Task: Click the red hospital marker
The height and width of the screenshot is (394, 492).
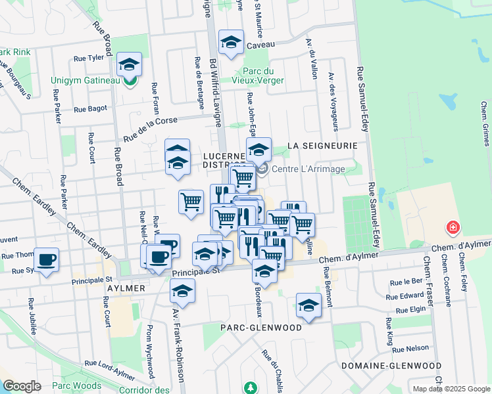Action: (453, 229)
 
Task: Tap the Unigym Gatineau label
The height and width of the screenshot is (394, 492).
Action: (86, 81)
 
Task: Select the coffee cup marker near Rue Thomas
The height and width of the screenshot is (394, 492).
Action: (46, 259)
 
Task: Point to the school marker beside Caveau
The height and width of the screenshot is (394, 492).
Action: (231, 43)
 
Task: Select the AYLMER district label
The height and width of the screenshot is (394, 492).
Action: (124, 288)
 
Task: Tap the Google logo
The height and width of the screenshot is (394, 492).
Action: (22, 385)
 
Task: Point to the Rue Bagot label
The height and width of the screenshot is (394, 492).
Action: (90, 110)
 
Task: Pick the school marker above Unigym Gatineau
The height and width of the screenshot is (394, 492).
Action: (130, 64)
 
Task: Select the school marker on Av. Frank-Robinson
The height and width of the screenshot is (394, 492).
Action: (182, 290)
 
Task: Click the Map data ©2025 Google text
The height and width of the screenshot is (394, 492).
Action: (451, 389)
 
